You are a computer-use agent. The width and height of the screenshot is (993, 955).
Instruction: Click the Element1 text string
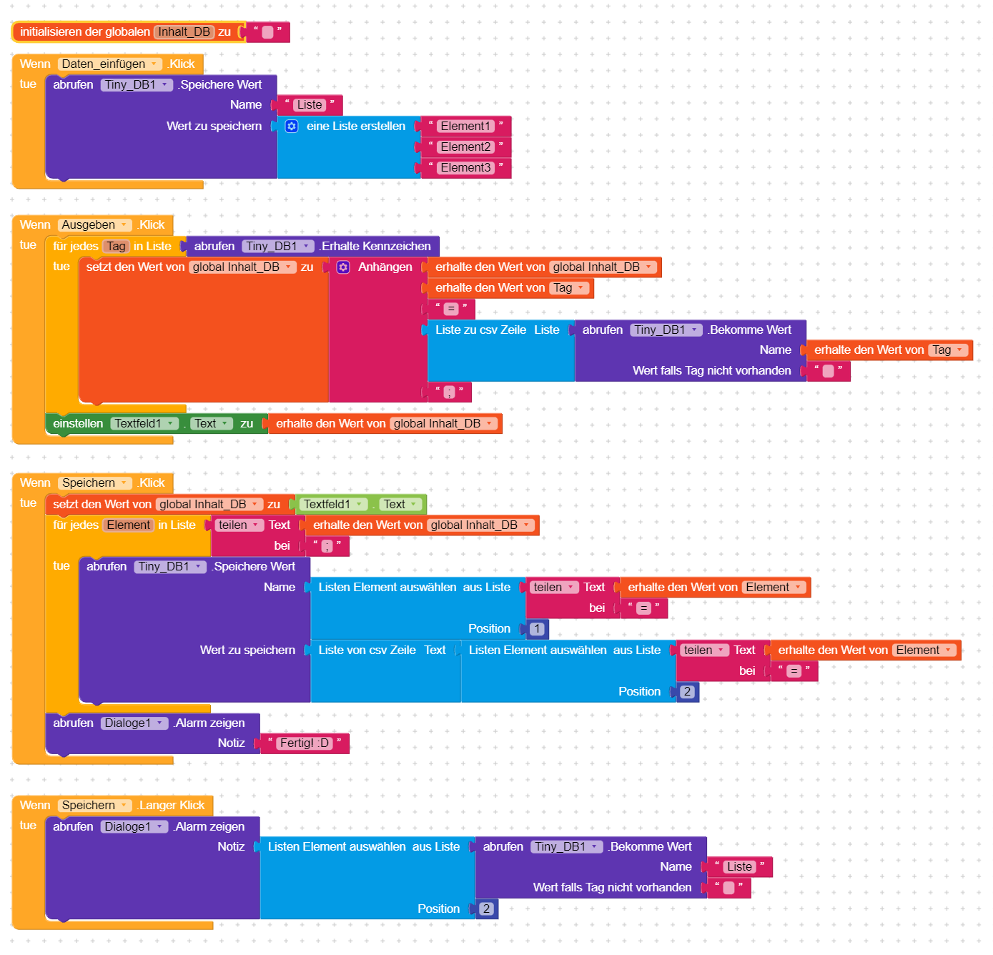[x=465, y=127]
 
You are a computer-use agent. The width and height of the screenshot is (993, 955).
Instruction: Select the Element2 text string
[x=465, y=147]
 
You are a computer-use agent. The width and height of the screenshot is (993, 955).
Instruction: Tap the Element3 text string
[x=465, y=168]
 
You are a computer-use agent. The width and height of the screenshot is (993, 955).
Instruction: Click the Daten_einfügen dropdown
[x=109, y=64]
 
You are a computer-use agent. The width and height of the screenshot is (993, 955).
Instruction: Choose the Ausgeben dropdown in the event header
[x=94, y=225]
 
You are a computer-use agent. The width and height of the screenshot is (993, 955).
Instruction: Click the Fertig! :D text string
[x=305, y=743]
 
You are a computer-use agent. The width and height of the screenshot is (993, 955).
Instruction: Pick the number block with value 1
[x=537, y=629]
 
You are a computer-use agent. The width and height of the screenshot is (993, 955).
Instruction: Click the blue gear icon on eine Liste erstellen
[x=292, y=127]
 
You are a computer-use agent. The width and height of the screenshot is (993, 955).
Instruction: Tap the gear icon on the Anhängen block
[x=343, y=267]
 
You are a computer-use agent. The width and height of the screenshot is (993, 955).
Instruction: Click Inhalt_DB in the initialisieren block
[x=184, y=32]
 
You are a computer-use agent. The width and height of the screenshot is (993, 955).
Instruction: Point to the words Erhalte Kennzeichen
[x=376, y=247]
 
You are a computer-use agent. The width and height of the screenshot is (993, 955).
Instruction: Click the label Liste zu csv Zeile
[x=480, y=330]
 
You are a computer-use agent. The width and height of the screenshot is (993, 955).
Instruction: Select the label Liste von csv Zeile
[x=367, y=650]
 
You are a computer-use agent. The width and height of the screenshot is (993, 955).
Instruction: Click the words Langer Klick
[x=172, y=806]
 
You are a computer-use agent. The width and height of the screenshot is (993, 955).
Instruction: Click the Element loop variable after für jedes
[x=129, y=525]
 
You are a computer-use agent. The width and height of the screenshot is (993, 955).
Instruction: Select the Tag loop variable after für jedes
[x=116, y=247]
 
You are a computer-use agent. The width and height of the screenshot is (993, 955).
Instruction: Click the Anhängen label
[x=385, y=267]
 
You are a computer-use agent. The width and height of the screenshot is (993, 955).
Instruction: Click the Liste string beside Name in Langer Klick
[x=739, y=867]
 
